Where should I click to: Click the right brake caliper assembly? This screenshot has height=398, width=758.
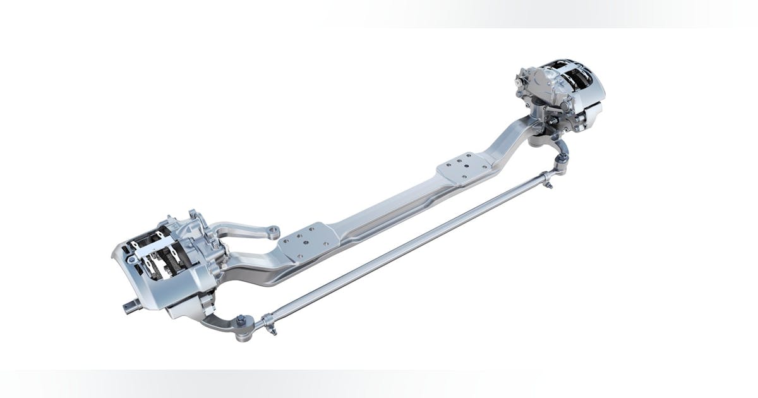pyautogui.click(x=559, y=95)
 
